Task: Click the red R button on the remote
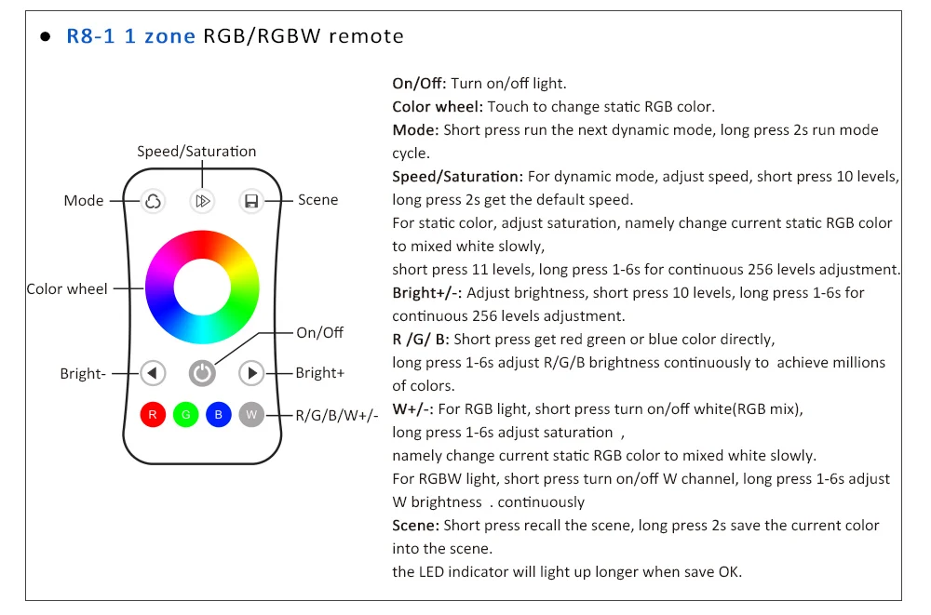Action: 153,414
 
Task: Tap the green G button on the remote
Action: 185,414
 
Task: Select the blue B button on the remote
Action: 218,414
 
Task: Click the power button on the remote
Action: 202,373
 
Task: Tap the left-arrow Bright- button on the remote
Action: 153,373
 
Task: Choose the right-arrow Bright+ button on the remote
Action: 251,373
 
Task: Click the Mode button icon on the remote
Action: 153,200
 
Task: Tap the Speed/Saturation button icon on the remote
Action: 202,200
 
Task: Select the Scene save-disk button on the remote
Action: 250,200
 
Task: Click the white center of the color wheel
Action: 202,287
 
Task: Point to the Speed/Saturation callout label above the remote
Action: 196,151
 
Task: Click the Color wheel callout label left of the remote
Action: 67,288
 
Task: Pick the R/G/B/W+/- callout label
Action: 337,415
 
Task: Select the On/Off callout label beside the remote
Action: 319,332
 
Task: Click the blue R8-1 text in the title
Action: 89,36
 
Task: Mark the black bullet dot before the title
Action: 45,37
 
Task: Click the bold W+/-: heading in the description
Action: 413,408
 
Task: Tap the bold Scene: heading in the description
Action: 416,525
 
